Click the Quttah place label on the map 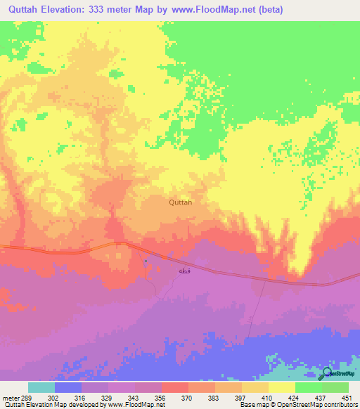(181, 202)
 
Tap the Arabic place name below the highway (184, 271)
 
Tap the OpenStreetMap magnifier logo (327, 373)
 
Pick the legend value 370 (188, 397)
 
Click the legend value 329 (108, 397)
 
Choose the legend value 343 (134, 397)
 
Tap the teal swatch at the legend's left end (41, 387)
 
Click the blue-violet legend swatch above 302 (67, 387)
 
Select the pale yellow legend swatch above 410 (281, 387)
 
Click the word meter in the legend (10, 397)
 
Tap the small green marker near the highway (146, 261)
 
